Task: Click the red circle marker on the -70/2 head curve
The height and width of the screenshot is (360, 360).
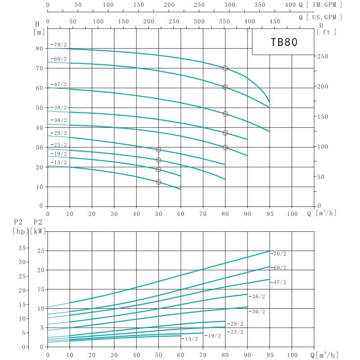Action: point(225,68)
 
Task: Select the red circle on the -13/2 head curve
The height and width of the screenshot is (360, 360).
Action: point(158,182)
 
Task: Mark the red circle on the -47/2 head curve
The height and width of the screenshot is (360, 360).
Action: point(225,114)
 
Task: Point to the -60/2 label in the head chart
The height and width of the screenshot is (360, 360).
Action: point(59,59)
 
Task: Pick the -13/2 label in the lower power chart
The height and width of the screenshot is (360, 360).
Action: point(189,338)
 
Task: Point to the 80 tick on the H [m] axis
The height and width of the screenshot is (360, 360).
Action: point(40,49)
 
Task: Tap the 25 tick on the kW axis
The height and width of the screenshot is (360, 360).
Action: point(40,251)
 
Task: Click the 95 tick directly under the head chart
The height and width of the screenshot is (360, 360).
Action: point(270,214)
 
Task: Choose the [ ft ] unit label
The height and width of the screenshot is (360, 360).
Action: point(327,32)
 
